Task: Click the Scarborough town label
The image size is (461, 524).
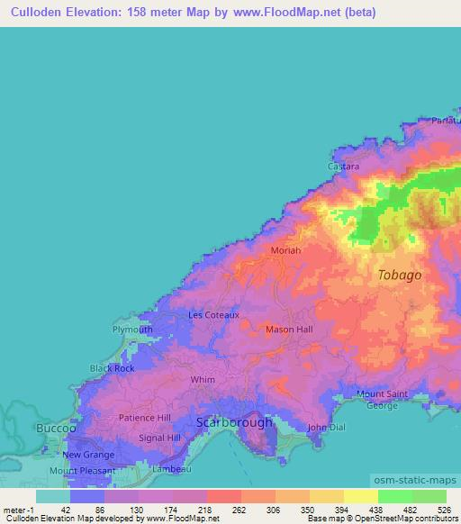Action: [x=234, y=421]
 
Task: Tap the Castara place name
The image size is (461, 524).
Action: [x=342, y=167]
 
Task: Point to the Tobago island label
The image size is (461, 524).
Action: [x=399, y=275]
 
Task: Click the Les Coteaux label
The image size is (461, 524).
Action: [x=213, y=315]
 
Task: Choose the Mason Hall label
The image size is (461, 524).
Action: [x=289, y=330]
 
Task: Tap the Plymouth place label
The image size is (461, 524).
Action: [x=132, y=330]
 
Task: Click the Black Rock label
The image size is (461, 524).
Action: [x=112, y=368]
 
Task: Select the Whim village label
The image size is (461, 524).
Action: [x=203, y=380]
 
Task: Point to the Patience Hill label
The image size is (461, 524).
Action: [x=145, y=418]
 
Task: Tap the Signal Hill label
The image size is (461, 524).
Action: [x=161, y=438]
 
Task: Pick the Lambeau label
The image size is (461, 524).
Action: [x=170, y=469]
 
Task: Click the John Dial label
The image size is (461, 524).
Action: [x=326, y=427]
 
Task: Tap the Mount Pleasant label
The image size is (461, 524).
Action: [x=82, y=470]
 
